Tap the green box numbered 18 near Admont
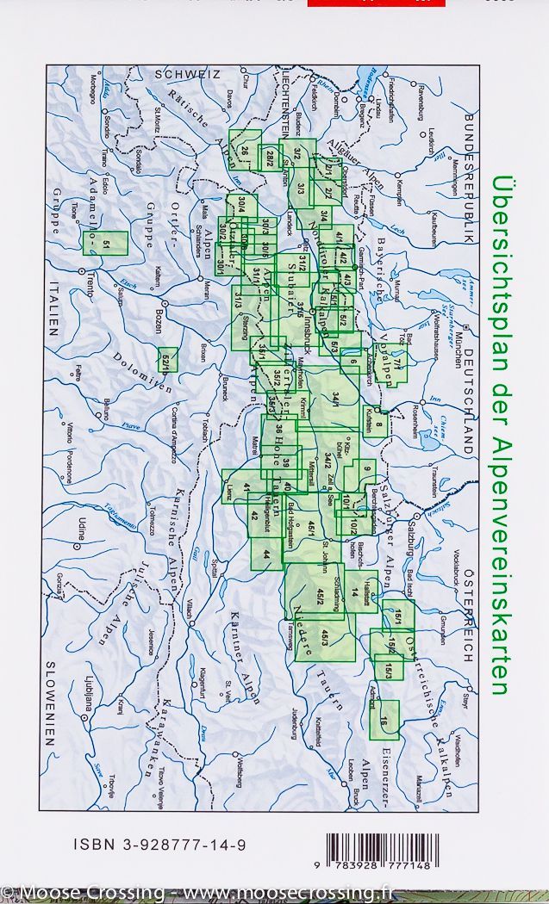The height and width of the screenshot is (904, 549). pos(384,721)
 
